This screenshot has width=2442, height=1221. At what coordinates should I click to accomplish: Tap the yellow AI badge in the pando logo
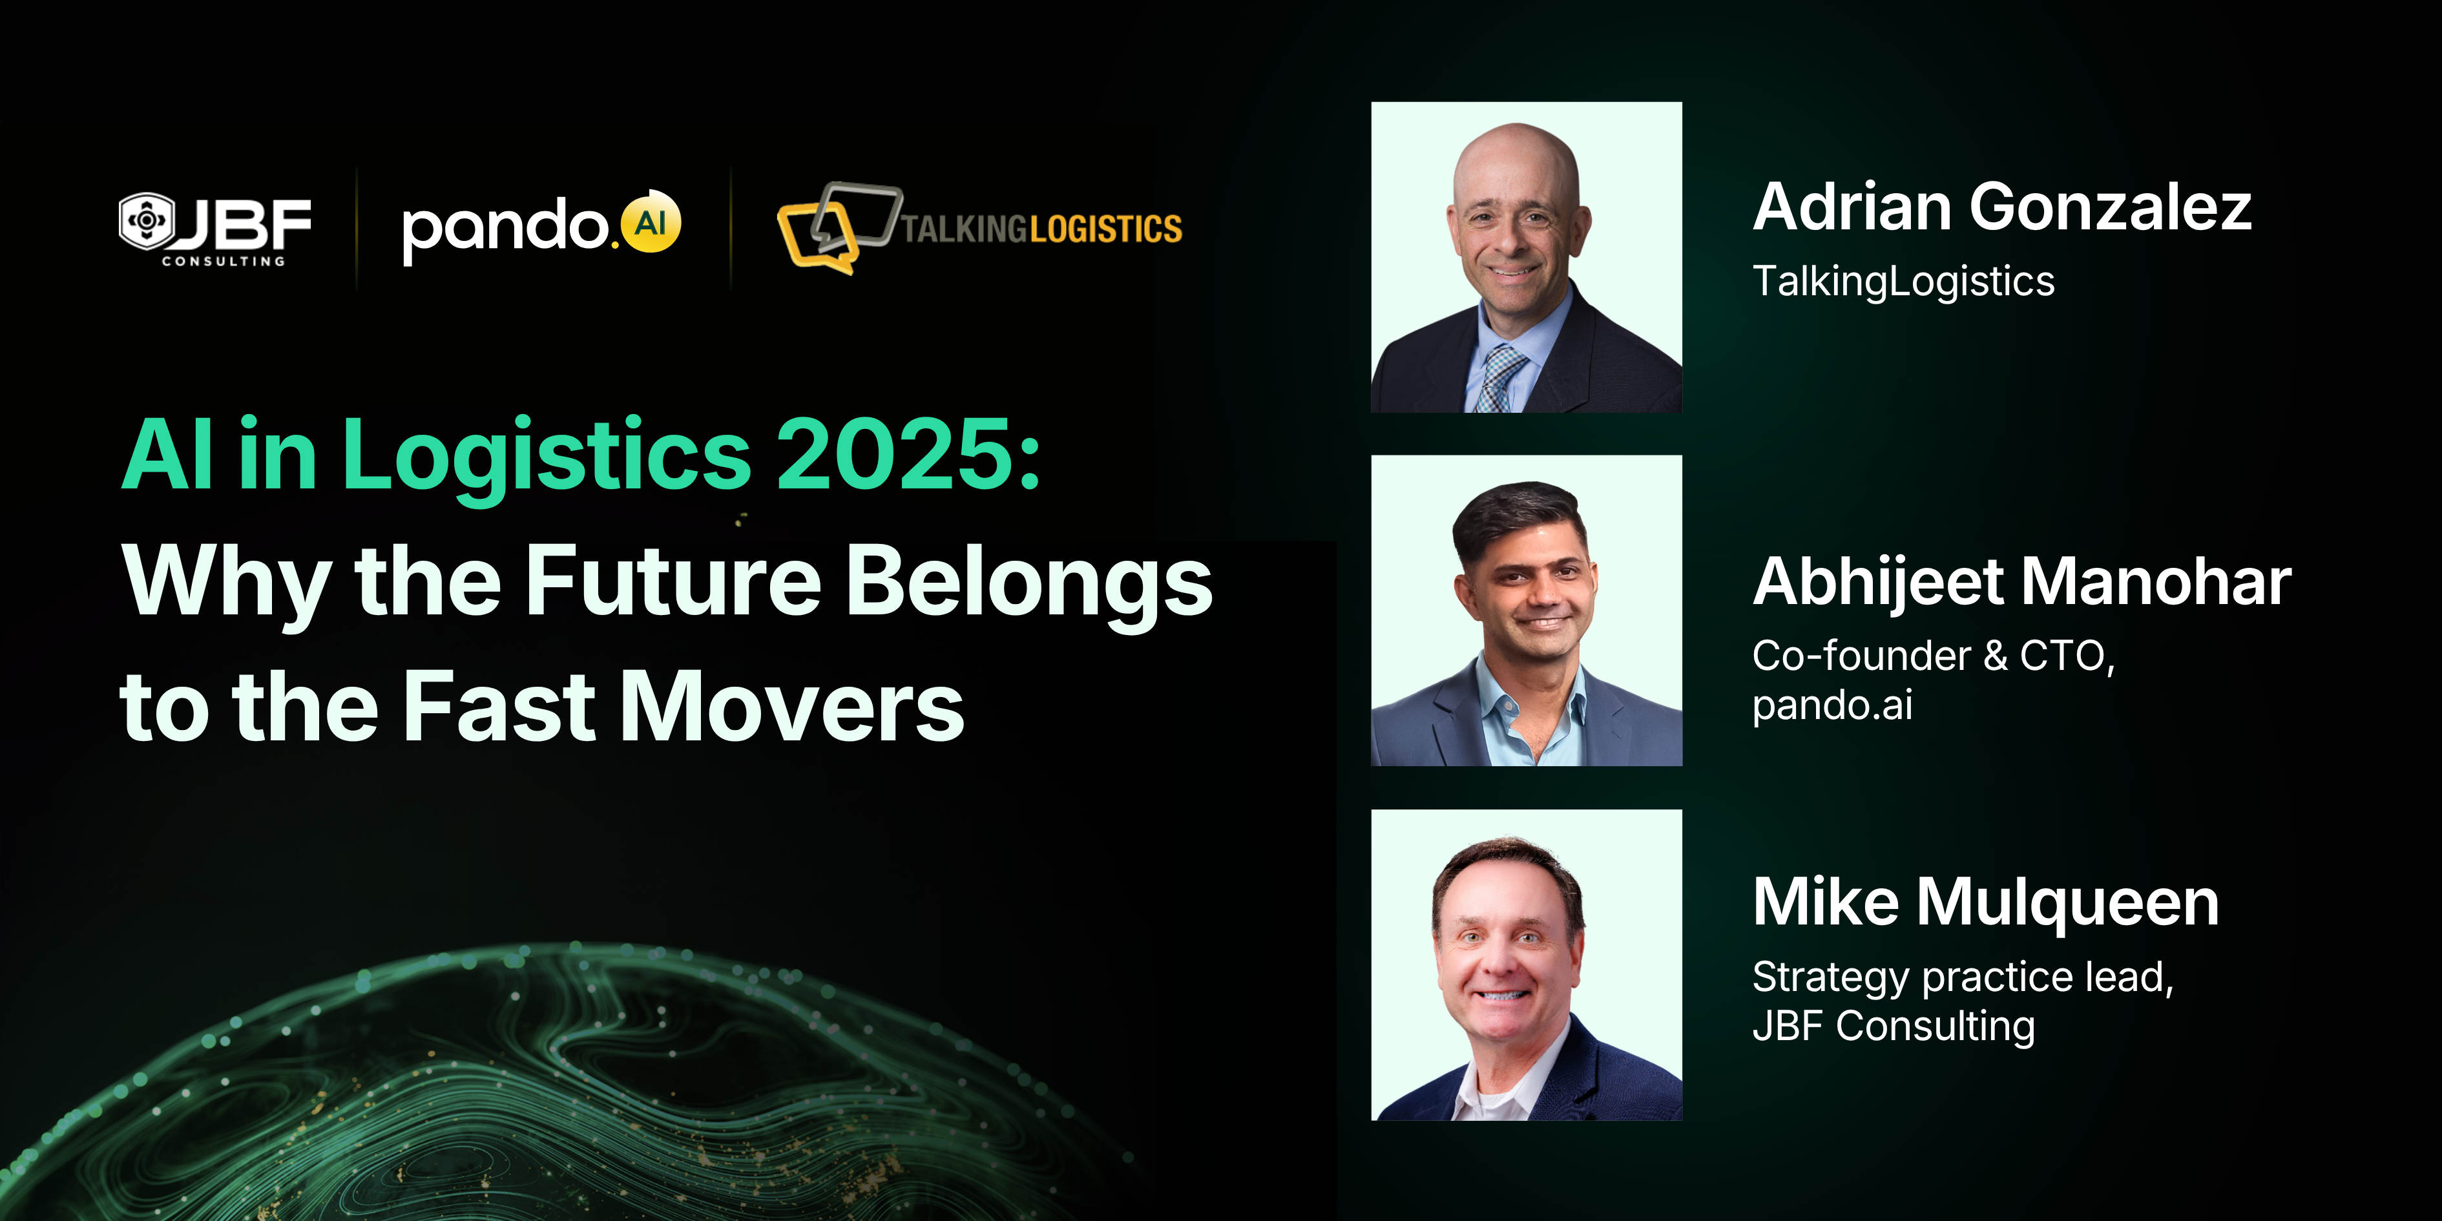pyautogui.click(x=651, y=223)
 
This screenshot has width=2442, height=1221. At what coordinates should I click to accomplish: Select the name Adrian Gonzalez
pyautogui.click(x=2002, y=207)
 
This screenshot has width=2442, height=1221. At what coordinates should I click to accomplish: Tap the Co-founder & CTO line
pyautogui.click(x=1934, y=656)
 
